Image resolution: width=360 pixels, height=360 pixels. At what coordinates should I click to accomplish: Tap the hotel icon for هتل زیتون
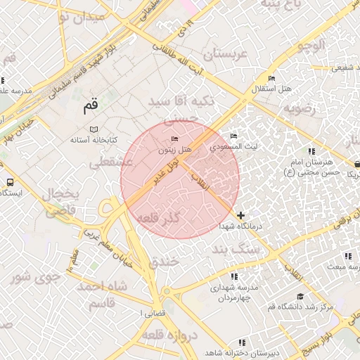[x=175, y=139]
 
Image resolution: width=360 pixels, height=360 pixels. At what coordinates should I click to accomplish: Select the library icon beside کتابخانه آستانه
[x=95, y=129]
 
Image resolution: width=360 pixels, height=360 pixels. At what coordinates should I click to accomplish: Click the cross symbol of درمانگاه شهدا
[x=241, y=215]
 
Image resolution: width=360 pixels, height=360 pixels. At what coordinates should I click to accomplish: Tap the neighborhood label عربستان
[x=226, y=54]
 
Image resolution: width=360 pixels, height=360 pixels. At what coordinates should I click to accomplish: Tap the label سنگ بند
[x=231, y=250]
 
